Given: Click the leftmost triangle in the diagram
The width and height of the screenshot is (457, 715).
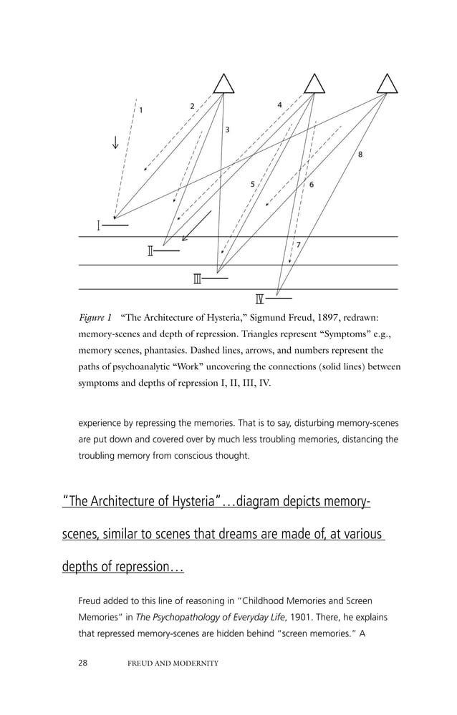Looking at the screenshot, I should click(223, 84).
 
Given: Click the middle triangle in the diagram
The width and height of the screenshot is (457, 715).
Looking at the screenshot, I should click(314, 84).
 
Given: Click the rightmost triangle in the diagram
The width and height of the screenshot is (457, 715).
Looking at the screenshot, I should click(388, 84).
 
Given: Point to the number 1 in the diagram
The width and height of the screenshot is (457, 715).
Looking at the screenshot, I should click(140, 110).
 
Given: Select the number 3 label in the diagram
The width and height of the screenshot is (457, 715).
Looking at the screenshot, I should click(227, 130).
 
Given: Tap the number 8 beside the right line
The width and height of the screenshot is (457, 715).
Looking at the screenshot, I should click(360, 155).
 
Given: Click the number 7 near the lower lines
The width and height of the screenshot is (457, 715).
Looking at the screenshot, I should click(298, 245).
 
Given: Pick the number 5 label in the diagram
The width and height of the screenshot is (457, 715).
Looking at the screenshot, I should click(252, 184).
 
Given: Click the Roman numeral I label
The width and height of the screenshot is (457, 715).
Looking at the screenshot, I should click(98, 226).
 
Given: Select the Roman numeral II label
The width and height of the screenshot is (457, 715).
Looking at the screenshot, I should click(150, 251).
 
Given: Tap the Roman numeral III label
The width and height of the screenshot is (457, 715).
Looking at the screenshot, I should click(197, 278).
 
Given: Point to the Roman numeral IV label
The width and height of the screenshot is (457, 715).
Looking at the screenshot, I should click(260, 298).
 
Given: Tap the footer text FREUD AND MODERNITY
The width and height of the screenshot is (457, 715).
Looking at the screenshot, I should click(173, 663).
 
